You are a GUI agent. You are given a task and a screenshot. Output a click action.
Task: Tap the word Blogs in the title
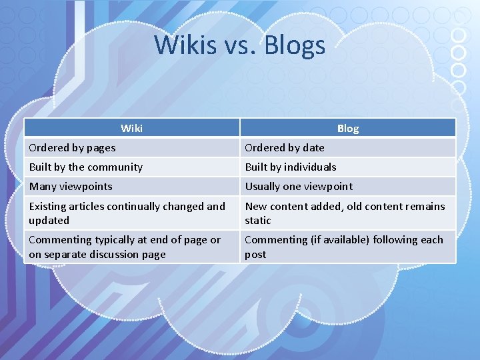click(295, 45)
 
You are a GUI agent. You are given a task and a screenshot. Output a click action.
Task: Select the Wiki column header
click(131, 128)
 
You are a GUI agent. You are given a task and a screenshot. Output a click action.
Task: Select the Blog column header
click(347, 128)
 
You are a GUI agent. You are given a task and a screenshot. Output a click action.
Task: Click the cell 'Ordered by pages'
click(72, 147)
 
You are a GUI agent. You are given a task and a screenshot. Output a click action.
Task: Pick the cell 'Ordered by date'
click(285, 147)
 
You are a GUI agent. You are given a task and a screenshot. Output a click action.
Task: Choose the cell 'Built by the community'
click(85, 167)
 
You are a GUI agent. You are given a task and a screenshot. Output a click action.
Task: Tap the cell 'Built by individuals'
click(291, 167)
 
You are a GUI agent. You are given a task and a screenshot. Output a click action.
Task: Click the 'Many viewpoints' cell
click(71, 186)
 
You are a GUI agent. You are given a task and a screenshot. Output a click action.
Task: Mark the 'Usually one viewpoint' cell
click(299, 186)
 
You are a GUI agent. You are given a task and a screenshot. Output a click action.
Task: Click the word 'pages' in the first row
click(100, 147)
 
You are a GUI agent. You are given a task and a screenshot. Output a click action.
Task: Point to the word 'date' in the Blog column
click(313, 147)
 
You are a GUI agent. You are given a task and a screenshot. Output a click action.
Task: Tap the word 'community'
click(115, 167)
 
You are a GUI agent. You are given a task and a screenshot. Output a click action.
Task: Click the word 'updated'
click(49, 220)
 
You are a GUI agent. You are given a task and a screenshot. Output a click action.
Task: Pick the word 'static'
click(258, 220)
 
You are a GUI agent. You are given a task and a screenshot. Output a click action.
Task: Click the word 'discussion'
click(114, 254)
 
